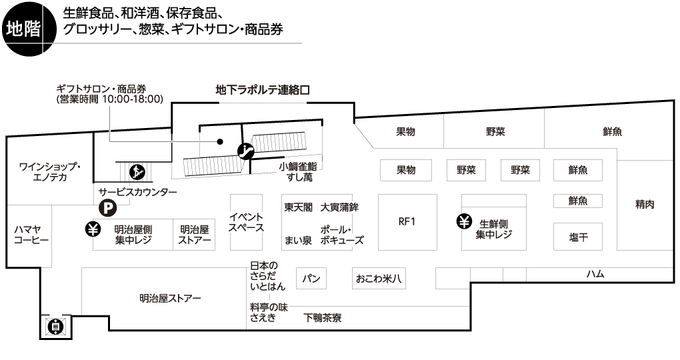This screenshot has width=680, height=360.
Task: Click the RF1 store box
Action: [x=407, y=222]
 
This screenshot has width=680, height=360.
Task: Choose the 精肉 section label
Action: [x=645, y=205]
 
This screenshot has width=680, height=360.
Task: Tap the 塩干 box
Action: [x=577, y=237]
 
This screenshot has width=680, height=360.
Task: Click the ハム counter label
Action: [x=595, y=274]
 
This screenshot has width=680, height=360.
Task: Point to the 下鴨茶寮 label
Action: [x=323, y=318]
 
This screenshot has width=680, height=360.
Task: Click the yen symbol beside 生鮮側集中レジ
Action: [x=464, y=221]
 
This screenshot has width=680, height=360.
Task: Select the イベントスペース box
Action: [x=246, y=222]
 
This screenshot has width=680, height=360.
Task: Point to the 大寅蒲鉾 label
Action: [x=339, y=207]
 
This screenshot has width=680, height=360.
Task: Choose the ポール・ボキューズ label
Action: [x=341, y=235]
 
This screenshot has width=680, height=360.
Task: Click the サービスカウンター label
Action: [x=137, y=192]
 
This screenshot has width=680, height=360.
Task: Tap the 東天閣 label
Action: [x=298, y=207]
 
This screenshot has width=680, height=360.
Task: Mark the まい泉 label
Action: [x=297, y=241]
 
